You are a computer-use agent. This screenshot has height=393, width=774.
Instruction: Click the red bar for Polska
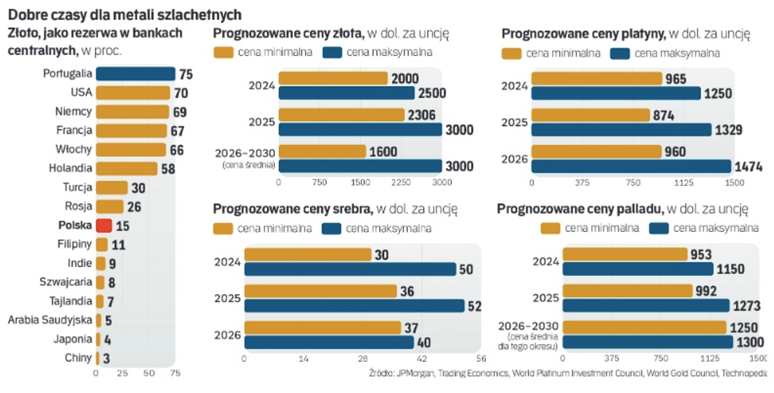[x=104, y=226]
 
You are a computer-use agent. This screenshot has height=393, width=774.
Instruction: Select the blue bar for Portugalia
[x=135, y=74]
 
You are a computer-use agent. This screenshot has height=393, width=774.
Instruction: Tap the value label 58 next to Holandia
[x=168, y=169]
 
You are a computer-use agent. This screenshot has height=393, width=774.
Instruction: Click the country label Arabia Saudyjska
[x=50, y=320]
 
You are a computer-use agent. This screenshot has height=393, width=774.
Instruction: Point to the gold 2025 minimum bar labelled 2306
[x=341, y=115]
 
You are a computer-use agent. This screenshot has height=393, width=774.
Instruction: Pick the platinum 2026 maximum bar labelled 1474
[x=631, y=166]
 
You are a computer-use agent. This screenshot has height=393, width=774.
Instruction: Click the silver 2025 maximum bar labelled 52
[x=354, y=306]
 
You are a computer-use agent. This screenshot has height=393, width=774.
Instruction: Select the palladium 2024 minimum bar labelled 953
[x=625, y=254]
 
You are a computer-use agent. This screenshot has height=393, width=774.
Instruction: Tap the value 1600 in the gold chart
[x=383, y=152]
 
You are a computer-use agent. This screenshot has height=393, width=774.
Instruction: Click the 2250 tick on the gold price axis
[x=401, y=183]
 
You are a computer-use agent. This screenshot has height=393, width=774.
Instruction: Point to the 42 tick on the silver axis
[x=422, y=359]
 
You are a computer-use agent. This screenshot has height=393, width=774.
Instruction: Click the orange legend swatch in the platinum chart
[x=511, y=54]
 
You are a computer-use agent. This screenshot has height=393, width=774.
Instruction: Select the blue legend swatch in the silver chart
[x=331, y=229]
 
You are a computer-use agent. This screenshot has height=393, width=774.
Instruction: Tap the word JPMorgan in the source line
[x=416, y=373]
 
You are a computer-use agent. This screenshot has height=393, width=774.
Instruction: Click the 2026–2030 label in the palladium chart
[x=528, y=326]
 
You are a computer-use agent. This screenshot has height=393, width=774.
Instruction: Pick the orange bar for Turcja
[x=112, y=188]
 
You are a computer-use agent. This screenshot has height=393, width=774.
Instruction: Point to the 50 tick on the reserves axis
[x=149, y=374]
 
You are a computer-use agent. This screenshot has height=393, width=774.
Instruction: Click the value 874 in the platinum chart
[x=664, y=116]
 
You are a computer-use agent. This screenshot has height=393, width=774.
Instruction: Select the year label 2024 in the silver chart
[x=227, y=262]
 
